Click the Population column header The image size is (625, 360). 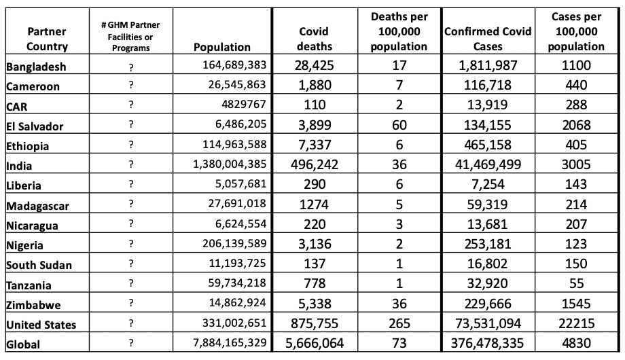tap(222, 47)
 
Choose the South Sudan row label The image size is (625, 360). tap(38, 265)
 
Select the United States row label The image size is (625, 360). tap(41, 325)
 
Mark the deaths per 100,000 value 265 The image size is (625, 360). tap(399, 325)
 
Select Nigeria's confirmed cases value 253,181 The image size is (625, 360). tap(488, 245)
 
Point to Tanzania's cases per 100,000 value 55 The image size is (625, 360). tap(576, 285)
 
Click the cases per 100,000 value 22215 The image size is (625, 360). tap(576, 325)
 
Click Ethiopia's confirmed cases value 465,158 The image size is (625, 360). tap(488, 145)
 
